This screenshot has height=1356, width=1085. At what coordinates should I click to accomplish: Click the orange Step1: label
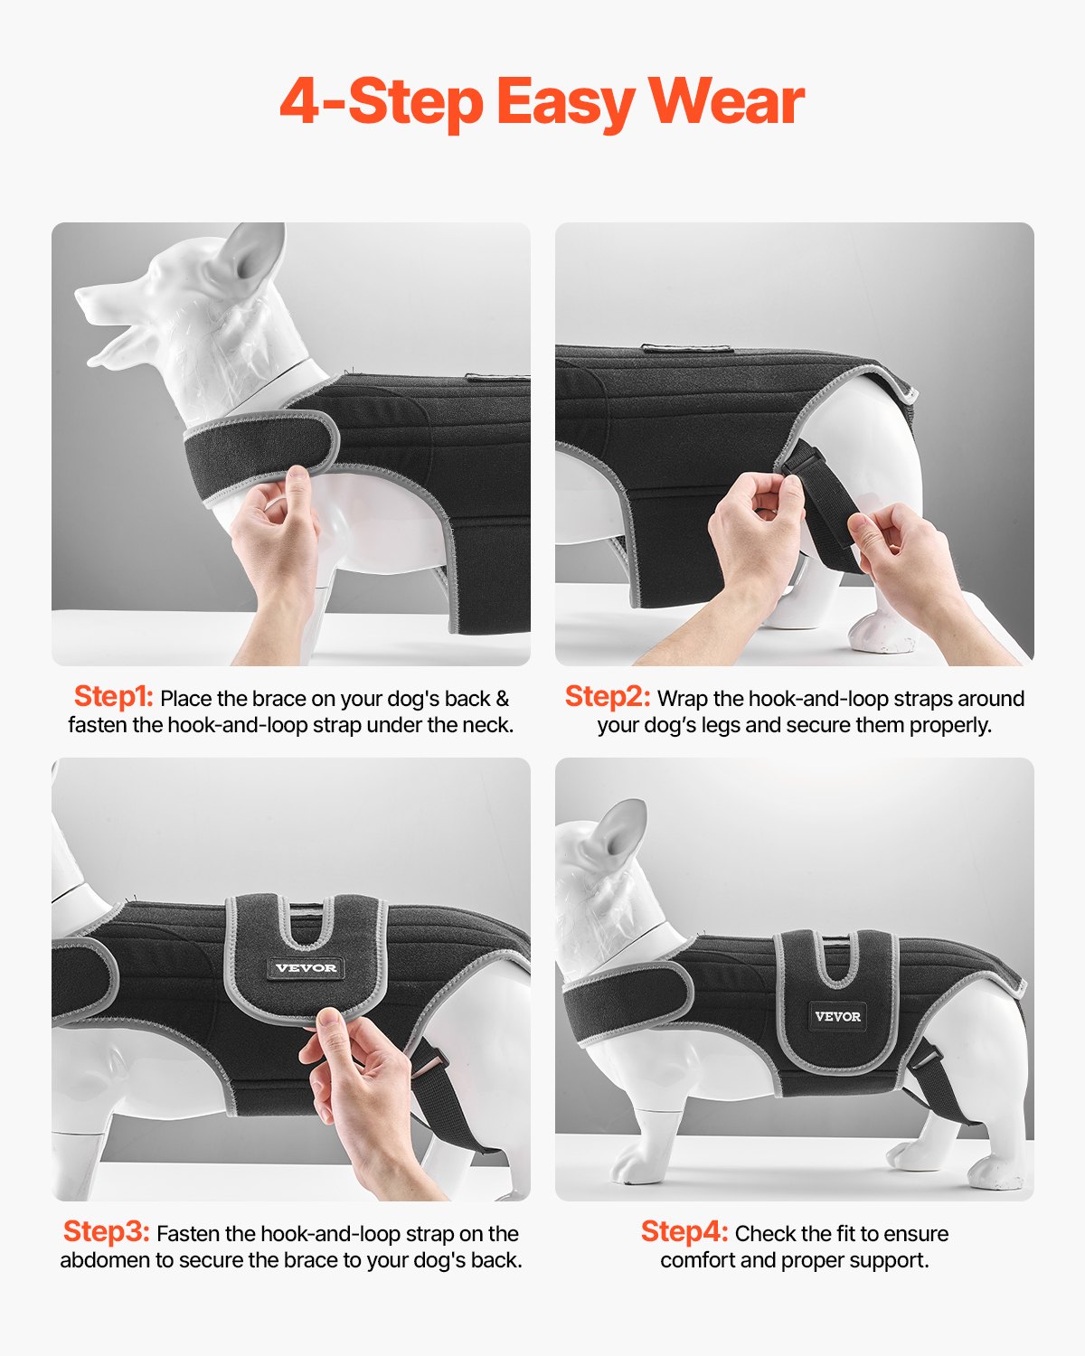click(x=113, y=697)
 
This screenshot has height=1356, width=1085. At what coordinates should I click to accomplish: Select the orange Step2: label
click(x=607, y=697)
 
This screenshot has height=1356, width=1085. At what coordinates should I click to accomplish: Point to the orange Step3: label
click(x=106, y=1232)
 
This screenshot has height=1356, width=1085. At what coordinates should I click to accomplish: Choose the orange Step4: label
click(x=684, y=1232)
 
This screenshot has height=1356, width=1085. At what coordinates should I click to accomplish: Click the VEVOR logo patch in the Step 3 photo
click(x=306, y=968)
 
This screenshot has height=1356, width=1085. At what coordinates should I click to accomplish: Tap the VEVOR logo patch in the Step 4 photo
click(x=837, y=1016)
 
